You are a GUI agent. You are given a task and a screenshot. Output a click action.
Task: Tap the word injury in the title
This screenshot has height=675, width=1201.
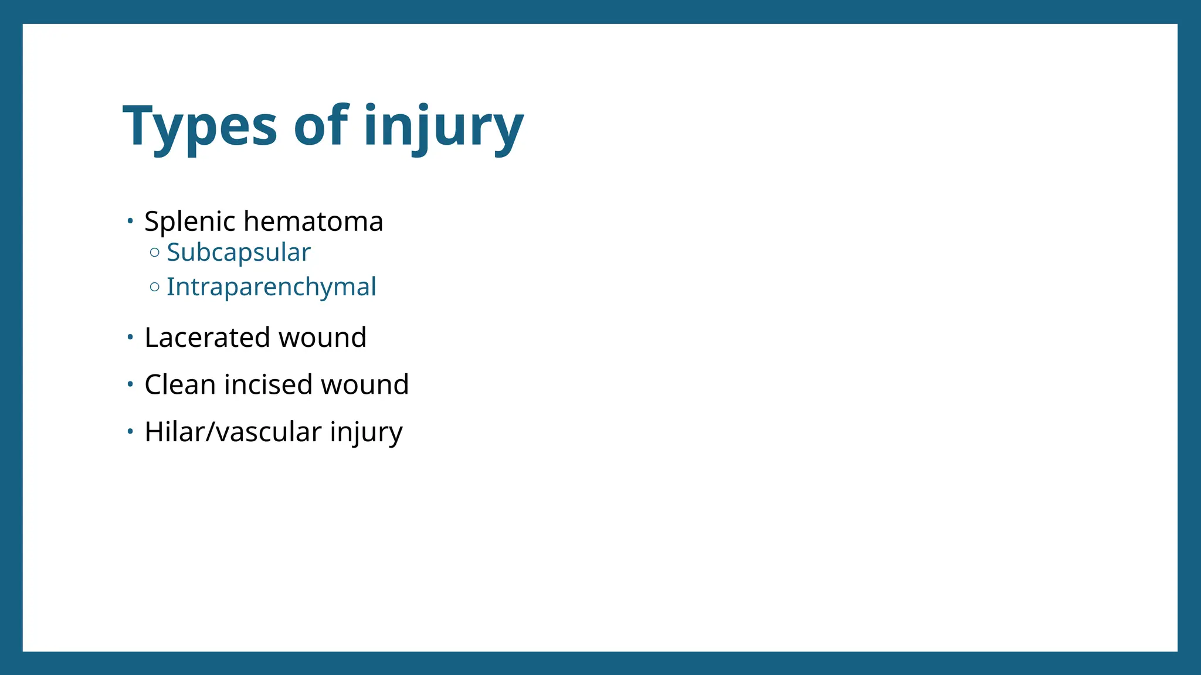(x=443, y=126)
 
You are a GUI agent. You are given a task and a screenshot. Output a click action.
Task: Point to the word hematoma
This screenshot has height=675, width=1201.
(x=313, y=221)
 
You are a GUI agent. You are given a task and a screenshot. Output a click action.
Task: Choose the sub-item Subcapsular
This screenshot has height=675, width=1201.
(x=239, y=253)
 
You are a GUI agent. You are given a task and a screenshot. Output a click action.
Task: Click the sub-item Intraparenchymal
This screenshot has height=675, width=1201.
(x=272, y=287)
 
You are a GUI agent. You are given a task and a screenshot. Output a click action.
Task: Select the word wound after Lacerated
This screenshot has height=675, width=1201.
(x=323, y=337)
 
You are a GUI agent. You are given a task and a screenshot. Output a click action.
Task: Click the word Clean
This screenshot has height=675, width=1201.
(x=180, y=385)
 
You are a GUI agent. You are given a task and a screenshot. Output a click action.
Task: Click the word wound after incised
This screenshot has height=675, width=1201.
(x=365, y=385)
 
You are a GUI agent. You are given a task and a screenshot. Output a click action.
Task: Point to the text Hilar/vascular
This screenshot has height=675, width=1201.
(x=233, y=432)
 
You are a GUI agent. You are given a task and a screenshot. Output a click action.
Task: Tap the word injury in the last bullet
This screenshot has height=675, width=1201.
(x=367, y=432)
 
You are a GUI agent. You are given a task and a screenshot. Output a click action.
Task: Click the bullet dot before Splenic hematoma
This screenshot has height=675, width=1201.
(x=130, y=221)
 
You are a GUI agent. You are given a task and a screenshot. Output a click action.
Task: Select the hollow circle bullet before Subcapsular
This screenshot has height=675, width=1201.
(x=155, y=253)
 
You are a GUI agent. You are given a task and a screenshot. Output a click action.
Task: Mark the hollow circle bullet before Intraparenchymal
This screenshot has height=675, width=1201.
(x=155, y=287)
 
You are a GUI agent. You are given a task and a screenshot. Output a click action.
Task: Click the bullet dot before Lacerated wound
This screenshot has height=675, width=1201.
(x=130, y=337)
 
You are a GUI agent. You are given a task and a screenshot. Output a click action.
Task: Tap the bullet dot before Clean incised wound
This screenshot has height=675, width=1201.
(x=130, y=385)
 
